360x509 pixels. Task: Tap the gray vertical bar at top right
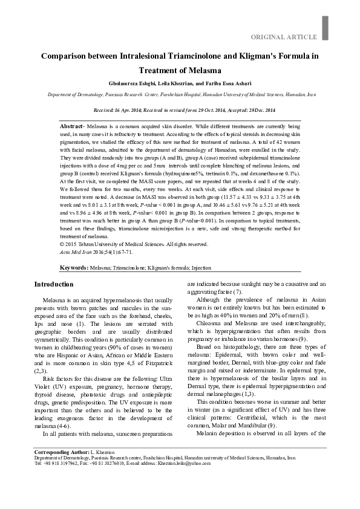coord(325,26)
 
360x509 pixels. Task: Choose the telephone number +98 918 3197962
coord(61,480)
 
